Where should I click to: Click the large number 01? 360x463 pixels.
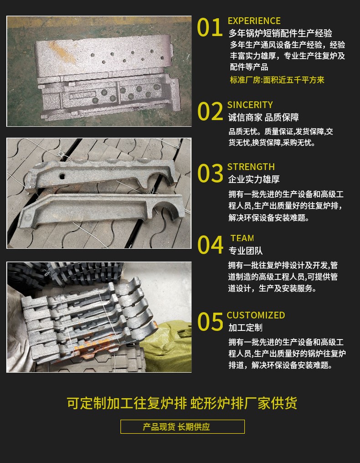(210, 27)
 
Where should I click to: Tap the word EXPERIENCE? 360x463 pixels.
(254, 21)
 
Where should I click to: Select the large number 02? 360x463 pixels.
(210, 111)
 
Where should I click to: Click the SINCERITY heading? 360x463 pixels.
(250, 105)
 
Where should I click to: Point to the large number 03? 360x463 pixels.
(210, 173)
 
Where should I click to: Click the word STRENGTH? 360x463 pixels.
(251, 167)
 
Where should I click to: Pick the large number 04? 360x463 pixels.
(210, 245)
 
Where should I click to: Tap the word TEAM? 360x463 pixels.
(242, 238)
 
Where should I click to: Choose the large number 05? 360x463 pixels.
(210, 322)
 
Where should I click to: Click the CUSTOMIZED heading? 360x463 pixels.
(256, 315)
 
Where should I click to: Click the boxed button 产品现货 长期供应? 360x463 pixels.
(183, 427)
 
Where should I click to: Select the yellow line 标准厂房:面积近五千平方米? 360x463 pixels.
(277, 80)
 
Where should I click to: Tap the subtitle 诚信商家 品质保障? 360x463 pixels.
(263, 118)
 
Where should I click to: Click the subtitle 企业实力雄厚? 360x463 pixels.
(254, 179)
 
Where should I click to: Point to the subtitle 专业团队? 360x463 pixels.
(246, 251)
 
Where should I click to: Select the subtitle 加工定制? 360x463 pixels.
(246, 328)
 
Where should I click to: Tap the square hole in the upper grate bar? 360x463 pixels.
(62, 176)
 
